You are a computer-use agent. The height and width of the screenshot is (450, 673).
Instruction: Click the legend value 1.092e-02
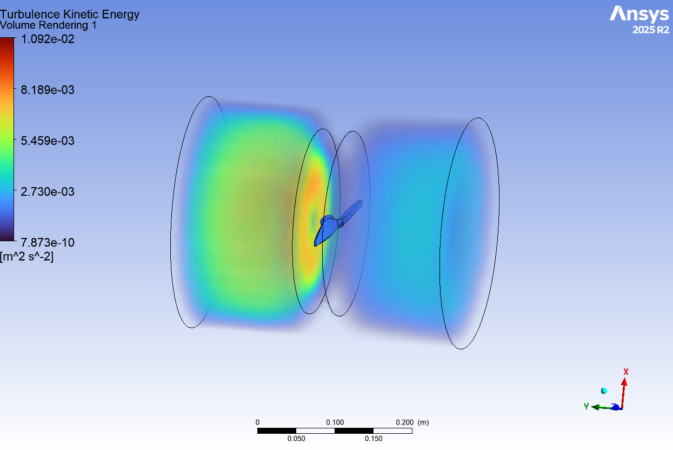coord(48,39)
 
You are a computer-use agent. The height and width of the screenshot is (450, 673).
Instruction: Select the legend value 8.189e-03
coord(48,90)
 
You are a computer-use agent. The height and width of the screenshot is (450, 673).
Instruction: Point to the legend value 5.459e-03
coord(48,141)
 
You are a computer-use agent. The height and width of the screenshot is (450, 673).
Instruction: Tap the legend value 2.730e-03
coord(48,191)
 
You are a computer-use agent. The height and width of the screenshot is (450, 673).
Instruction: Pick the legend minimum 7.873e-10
coord(48,242)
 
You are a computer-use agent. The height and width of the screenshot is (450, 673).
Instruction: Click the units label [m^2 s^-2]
coord(26,257)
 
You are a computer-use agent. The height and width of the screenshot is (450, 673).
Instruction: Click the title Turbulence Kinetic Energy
coord(69,15)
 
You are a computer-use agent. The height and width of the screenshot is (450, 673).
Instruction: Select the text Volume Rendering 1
coord(48,25)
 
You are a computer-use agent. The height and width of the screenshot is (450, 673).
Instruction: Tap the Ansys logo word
coord(639,14)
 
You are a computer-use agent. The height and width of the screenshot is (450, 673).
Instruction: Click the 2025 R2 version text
coord(651,30)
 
